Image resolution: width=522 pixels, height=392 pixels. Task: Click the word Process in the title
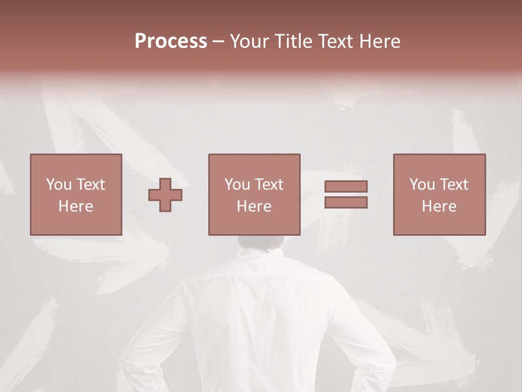(171, 41)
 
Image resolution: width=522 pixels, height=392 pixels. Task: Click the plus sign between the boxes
(165, 195)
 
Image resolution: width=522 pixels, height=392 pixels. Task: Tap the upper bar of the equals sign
(346, 187)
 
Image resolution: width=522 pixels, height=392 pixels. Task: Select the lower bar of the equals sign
(346, 202)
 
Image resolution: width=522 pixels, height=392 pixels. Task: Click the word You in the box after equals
(422, 185)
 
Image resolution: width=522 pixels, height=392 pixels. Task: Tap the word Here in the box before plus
(76, 206)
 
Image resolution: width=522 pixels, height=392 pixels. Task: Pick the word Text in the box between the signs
(270, 185)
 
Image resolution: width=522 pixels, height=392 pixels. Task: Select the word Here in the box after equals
(439, 206)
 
